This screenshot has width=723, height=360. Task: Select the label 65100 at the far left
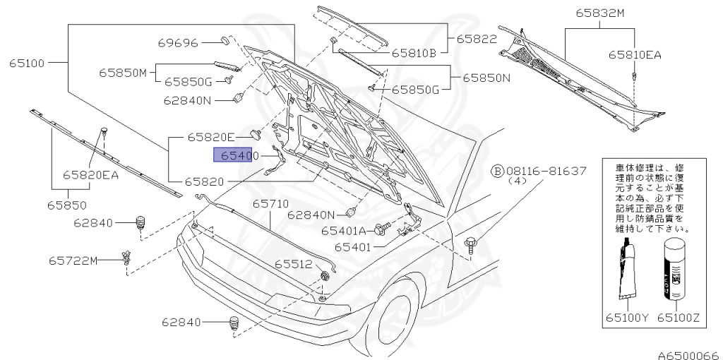pyautogui.click(x=27, y=63)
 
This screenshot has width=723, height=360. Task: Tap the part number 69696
pyautogui.click(x=177, y=43)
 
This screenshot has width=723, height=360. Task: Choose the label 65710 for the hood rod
pyautogui.click(x=271, y=203)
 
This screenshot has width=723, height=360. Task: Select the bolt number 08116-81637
pyautogui.click(x=546, y=172)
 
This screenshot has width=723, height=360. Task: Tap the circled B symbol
pyautogui.click(x=497, y=172)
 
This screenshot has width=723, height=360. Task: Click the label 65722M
pyautogui.click(x=73, y=260)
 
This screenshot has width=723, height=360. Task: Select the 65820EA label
pyautogui.click(x=90, y=174)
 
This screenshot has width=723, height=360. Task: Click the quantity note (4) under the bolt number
pyautogui.click(x=514, y=181)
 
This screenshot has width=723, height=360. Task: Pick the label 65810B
pyautogui.click(x=414, y=52)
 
